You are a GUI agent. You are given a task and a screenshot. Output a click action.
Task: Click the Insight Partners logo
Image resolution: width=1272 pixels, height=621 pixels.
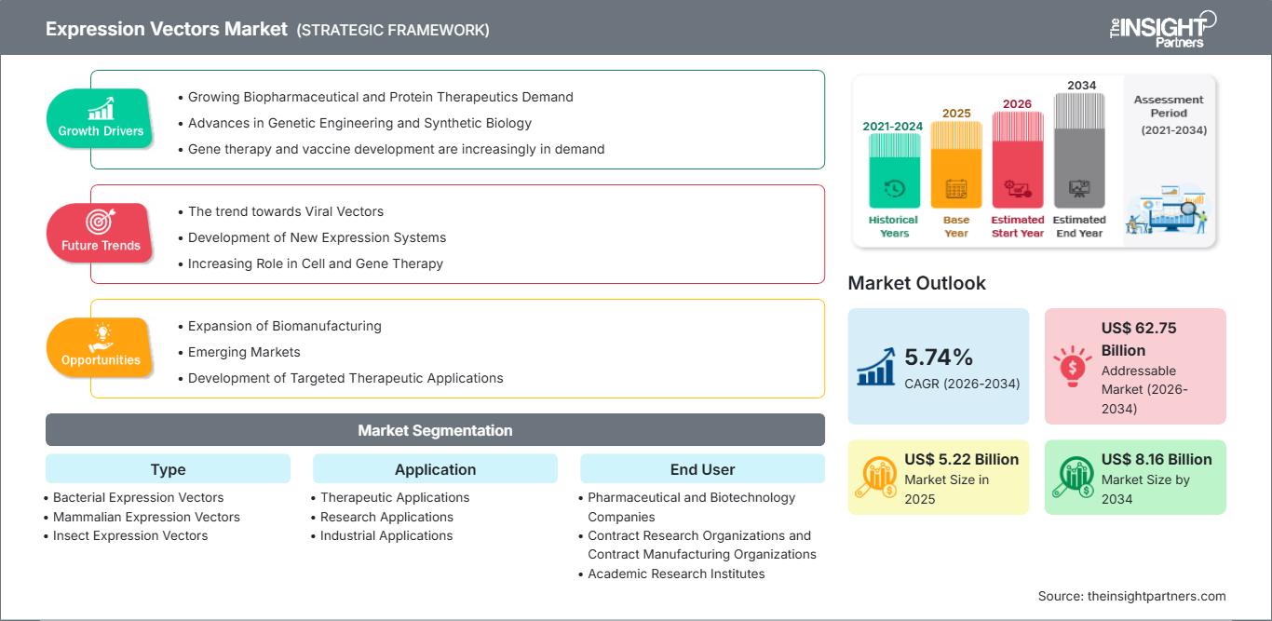click(x=1162, y=29)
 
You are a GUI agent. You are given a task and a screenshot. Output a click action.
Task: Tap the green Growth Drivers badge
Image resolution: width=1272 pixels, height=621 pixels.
click(x=100, y=118)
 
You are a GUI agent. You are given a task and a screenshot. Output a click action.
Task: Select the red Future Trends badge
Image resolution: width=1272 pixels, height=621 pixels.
click(x=100, y=233)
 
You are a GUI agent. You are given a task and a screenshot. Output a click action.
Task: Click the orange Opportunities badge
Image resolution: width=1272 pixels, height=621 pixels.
click(x=100, y=347)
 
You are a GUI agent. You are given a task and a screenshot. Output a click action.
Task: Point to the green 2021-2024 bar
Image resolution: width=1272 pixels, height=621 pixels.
click(x=894, y=170)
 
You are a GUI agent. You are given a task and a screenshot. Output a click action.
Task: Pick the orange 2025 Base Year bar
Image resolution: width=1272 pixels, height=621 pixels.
click(x=956, y=165)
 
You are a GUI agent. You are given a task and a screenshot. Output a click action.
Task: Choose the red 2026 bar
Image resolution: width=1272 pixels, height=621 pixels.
click(x=1018, y=159)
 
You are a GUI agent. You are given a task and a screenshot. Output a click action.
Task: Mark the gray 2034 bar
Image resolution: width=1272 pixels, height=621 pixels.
click(x=1079, y=151)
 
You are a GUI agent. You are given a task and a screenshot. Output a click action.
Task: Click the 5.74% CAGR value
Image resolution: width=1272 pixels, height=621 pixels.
click(x=938, y=357)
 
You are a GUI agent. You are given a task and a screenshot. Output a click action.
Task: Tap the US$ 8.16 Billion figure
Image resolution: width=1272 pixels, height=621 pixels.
click(x=1157, y=459)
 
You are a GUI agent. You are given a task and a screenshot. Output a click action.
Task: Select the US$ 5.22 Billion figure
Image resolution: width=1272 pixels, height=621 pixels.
click(x=961, y=459)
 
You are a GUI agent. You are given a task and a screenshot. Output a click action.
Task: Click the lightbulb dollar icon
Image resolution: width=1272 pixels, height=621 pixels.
click(x=1072, y=366)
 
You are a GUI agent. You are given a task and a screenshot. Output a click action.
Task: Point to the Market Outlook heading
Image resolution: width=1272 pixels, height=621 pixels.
click(x=916, y=283)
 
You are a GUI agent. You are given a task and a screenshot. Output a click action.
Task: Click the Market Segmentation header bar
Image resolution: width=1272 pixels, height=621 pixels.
click(x=435, y=430)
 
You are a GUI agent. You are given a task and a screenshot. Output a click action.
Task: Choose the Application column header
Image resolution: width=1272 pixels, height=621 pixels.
click(x=435, y=469)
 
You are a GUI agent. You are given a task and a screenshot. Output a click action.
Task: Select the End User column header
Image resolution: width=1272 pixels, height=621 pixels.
click(x=702, y=469)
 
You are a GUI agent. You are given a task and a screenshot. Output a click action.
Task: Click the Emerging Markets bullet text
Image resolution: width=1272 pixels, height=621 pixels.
click(x=244, y=352)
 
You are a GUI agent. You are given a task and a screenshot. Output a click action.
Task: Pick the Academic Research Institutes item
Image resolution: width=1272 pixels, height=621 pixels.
click(x=676, y=574)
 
